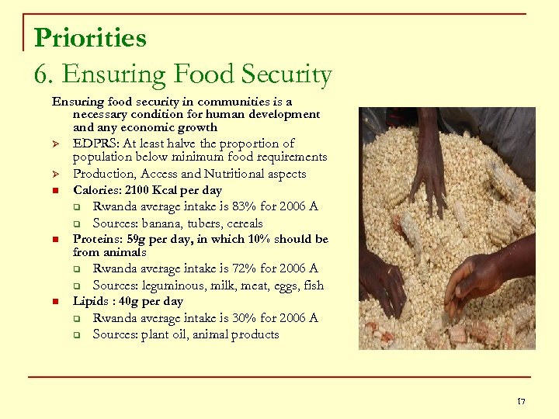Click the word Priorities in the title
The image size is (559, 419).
point(90,37)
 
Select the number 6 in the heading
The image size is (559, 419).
point(42,74)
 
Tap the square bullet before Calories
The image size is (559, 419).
point(56,191)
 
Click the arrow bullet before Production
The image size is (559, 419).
point(56,175)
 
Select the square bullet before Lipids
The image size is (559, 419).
point(56,302)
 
